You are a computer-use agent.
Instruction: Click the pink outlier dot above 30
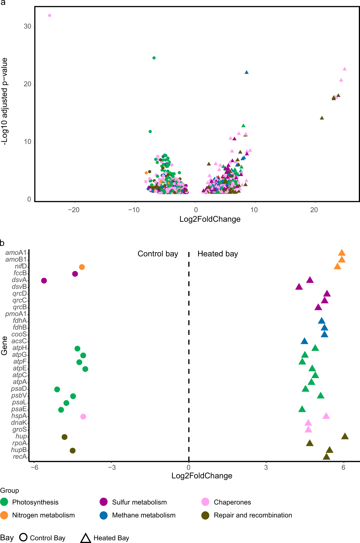pyautogui.click(x=50, y=15)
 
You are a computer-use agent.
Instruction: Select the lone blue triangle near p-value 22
pyautogui.click(x=246, y=72)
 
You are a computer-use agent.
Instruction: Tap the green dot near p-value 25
pyautogui.click(x=154, y=58)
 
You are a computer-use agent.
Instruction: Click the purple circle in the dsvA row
pyautogui.click(x=44, y=280)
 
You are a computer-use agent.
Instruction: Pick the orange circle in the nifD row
pyautogui.click(x=82, y=267)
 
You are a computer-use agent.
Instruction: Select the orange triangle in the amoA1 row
pyautogui.click(x=342, y=253)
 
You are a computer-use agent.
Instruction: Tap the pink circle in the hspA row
pyautogui.click(x=83, y=417)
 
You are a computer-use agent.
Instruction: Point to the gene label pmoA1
pyautogui.click(x=16, y=314)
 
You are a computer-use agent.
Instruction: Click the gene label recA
pyautogui.click(x=20, y=457)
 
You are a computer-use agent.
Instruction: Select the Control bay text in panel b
pyautogui.click(x=158, y=254)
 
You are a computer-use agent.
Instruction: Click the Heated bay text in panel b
pyautogui.click(x=218, y=254)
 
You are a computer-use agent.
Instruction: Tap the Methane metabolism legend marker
pyautogui.click(x=103, y=515)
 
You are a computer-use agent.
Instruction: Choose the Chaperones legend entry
pyautogui.click(x=232, y=502)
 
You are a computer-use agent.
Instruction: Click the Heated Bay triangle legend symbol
pyautogui.click(x=86, y=538)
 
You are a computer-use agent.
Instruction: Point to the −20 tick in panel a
pyautogui.click(x=74, y=210)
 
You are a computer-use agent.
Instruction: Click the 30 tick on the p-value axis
pyautogui.click(x=27, y=26)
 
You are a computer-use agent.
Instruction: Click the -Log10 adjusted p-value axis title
pyautogui.click(x=5, y=101)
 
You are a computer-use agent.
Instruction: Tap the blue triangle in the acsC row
pyautogui.click(x=304, y=341)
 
